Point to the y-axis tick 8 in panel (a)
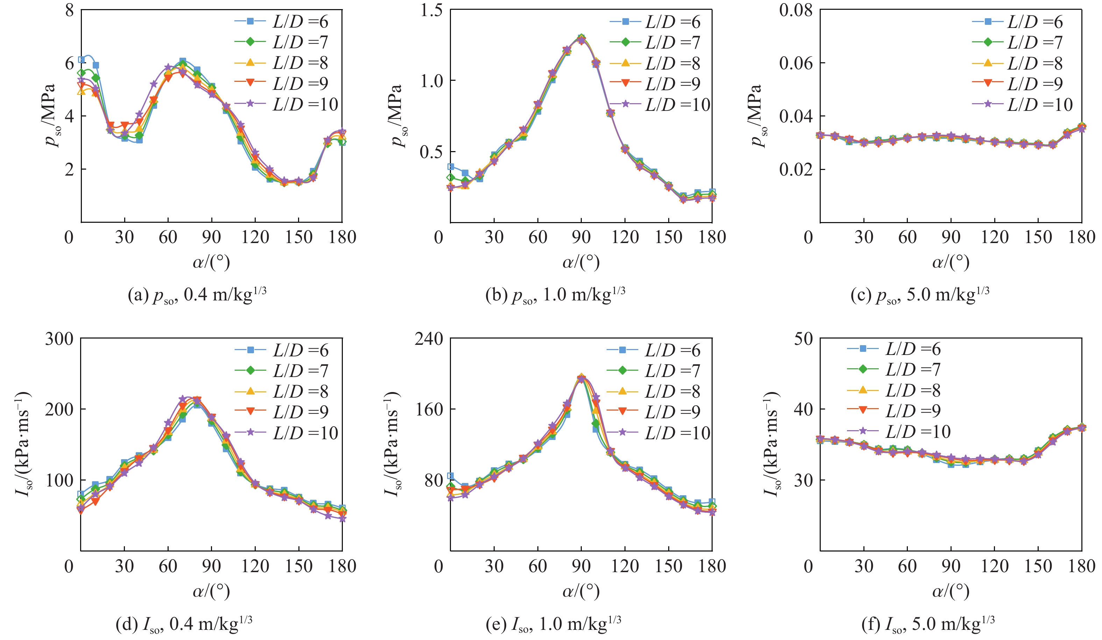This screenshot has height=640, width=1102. (x=69, y=10)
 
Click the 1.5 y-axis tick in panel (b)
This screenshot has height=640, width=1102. (x=431, y=10)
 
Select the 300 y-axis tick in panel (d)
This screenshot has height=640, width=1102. (x=59, y=339)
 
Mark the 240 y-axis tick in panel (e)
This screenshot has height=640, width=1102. (x=429, y=339)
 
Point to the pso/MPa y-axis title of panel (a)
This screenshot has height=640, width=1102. (x=50, y=115)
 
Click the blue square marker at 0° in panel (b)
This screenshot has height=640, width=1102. (x=451, y=166)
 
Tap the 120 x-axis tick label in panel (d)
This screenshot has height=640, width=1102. (x=255, y=566)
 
